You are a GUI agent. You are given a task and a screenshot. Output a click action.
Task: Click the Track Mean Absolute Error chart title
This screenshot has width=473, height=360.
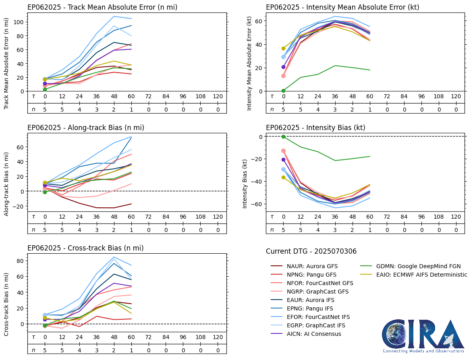(102, 7)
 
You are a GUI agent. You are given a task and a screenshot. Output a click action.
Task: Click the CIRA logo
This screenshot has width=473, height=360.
(423, 336)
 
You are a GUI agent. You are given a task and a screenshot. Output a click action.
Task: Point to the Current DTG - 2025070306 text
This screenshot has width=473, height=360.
(311, 252)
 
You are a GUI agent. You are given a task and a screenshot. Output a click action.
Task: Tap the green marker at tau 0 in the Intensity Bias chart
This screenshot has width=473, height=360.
(283, 137)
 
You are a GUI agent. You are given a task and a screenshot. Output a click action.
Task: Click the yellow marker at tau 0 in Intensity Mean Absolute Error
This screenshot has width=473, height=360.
(283, 48)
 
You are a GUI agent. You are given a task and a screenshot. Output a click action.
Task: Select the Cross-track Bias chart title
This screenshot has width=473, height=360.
(85, 248)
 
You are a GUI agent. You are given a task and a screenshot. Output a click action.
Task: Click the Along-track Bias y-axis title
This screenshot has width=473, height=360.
(7, 184)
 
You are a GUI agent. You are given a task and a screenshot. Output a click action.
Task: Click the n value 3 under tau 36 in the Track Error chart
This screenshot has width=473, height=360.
(97, 109)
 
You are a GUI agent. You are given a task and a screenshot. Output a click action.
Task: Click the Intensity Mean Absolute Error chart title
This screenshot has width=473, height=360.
(342, 7)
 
